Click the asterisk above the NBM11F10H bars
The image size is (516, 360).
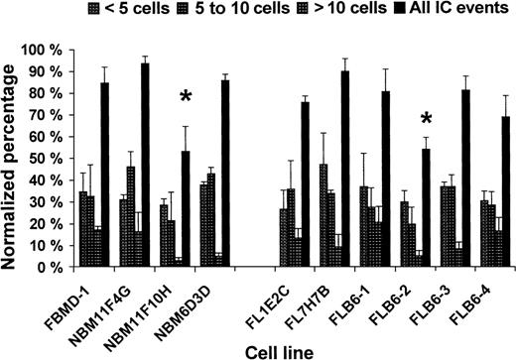186,97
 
